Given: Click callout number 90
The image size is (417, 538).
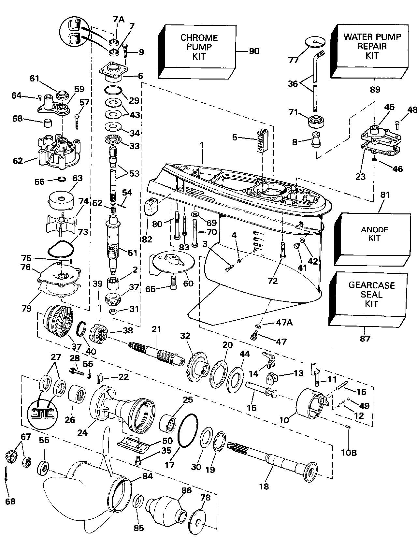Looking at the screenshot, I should point(254,51).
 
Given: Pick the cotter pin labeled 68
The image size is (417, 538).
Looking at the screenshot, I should point(7,482).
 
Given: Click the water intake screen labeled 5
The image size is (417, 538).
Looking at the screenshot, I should point(261,140).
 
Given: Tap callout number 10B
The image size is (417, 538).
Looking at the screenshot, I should point(349,443).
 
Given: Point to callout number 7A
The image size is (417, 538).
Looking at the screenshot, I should point(119,20).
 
